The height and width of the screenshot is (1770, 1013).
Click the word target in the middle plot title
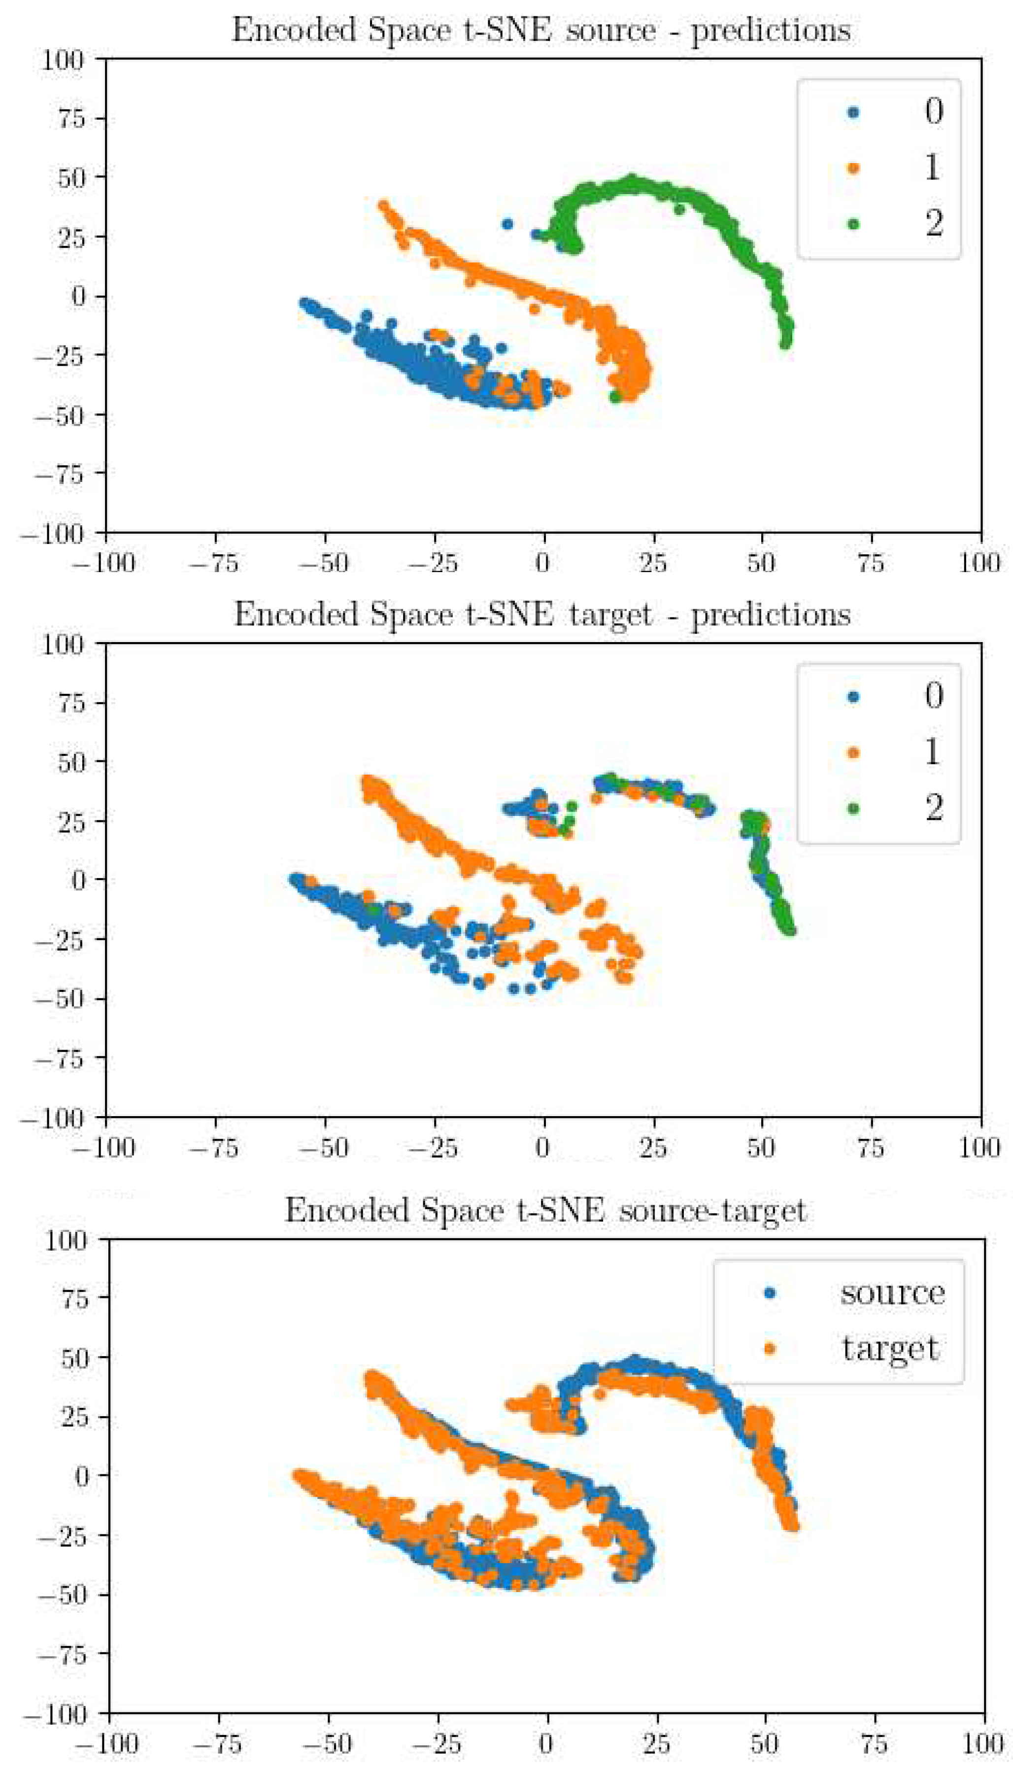[610, 615]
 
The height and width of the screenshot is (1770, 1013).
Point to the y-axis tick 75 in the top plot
[71, 118]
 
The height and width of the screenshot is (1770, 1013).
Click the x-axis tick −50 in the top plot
[324, 562]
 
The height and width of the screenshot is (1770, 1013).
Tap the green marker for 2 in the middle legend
[853, 808]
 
